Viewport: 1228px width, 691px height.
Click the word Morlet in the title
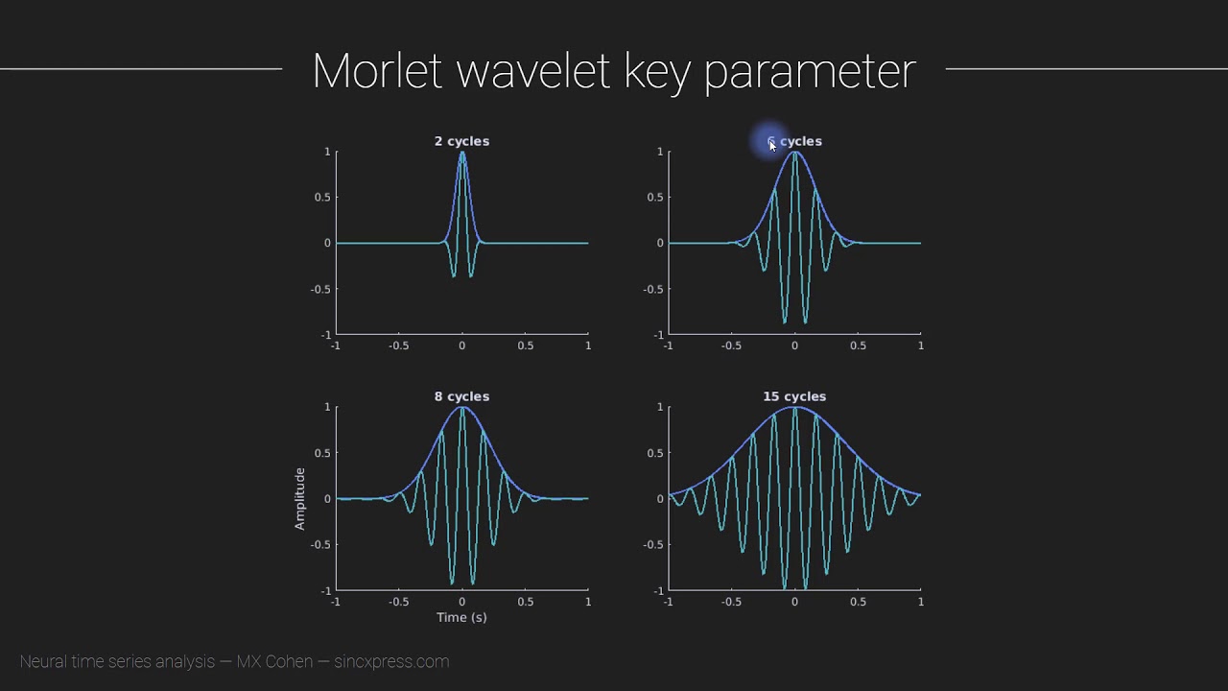(x=376, y=72)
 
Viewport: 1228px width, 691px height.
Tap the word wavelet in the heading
(x=534, y=72)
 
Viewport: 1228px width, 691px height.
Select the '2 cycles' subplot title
(x=461, y=141)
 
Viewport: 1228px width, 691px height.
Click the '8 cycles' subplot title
(x=461, y=396)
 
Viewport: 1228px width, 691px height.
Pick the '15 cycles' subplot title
(x=794, y=396)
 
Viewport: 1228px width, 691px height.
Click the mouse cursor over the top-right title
(x=772, y=145)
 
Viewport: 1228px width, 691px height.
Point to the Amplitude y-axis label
(x=299, y=499)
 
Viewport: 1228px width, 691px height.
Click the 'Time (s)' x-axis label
(x=461, y=617)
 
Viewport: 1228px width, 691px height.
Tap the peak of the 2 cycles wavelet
(x=461, y=153)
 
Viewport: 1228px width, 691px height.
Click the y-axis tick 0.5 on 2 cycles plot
(x=321, y=198)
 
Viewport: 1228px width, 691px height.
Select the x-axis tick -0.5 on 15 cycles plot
(x=731, y=602)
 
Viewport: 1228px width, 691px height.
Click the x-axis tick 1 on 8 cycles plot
(x=588, y=602)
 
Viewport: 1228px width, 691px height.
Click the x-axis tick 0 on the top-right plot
(x=794, y=346)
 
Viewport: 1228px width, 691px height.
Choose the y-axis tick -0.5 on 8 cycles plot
(x=319, y=545)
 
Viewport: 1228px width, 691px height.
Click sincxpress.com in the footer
(x=391, y=661)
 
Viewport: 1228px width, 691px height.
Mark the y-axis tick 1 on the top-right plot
(x=660, y=152)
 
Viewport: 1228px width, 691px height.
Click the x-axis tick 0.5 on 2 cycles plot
(x=525, y=346)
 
